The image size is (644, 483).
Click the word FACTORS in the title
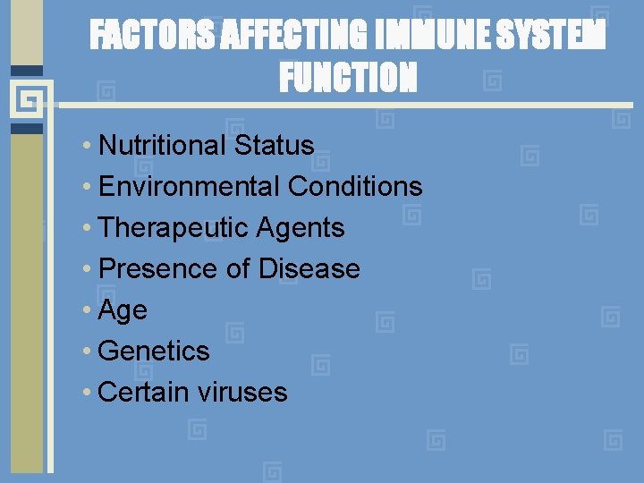point(152,37)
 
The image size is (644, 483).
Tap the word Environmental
point(190,187)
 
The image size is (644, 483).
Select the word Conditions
point(355,187)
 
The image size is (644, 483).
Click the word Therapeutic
point(174,228)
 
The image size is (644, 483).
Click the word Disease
point(309,269)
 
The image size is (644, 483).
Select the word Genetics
point(154,352)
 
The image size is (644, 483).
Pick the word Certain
point(143,393)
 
